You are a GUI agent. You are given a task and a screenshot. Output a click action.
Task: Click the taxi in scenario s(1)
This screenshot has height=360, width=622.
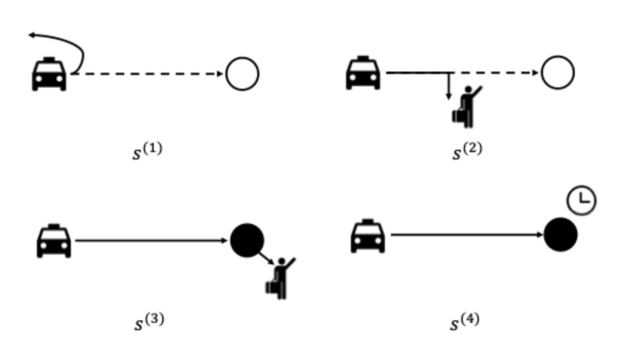pyautogui.click(x=49, y=74)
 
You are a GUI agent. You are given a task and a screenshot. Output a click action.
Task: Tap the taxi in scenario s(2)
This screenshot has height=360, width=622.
pyautogui.click(x=363, y=73)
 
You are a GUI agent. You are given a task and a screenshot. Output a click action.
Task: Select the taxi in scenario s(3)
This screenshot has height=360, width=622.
pyautogui.click(x=54, y=241)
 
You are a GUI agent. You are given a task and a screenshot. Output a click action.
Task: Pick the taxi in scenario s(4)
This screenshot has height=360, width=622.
pyautogui.click(x=368, y=236)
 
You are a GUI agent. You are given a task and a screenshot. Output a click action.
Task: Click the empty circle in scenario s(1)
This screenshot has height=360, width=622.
pyautogui.click(x=242, y=74)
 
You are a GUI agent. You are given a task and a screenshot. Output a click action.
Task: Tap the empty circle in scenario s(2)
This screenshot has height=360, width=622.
pyautogui.click(x=557, y=73)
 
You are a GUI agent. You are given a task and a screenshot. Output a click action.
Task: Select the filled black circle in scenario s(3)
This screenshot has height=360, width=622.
pyautogui.click(x=247, y=241)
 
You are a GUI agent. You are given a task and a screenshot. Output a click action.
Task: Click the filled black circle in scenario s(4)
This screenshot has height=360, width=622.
pyautogui.click(x=560, y=235)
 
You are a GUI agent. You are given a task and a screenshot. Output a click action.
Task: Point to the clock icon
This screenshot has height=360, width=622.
pyautogui.click(x=582, y=200)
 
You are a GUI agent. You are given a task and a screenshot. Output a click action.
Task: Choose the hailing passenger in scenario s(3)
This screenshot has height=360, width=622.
pyautogui.click(x=280, y=278)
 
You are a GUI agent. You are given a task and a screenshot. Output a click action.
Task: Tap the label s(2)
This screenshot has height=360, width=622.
pyautogui.click(x=466, y=151)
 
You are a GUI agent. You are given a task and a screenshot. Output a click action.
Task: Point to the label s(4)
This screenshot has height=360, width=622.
pyautogui.click(x=464, y=321)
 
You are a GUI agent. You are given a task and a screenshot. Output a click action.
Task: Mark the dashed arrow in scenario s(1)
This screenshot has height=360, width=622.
pyautogui.click(x=147, y=74)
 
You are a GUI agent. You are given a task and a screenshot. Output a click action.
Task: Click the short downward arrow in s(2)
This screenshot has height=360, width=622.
pyautogui.click(x=449, y=86)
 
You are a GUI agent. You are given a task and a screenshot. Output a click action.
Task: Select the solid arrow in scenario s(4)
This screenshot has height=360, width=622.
pyautogui.click(x=466, y=235)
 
